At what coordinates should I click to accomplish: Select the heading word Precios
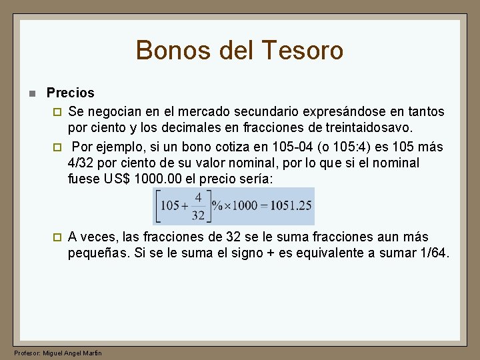[x=71, y=93]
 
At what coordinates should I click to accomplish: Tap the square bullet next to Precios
[x=30, y=93]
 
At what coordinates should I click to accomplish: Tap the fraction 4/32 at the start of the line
[x=80, y=163]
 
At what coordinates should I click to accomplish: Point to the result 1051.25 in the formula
[x=290, y=205]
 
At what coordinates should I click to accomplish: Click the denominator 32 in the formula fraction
[x=198, y=215]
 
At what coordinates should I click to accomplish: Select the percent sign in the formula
[x=217, y=205]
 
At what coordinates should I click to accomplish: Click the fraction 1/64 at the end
[x=433, y=253]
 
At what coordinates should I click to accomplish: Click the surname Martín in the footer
[x=92, y=353]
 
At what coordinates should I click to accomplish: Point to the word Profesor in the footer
[x=27, y=353]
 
